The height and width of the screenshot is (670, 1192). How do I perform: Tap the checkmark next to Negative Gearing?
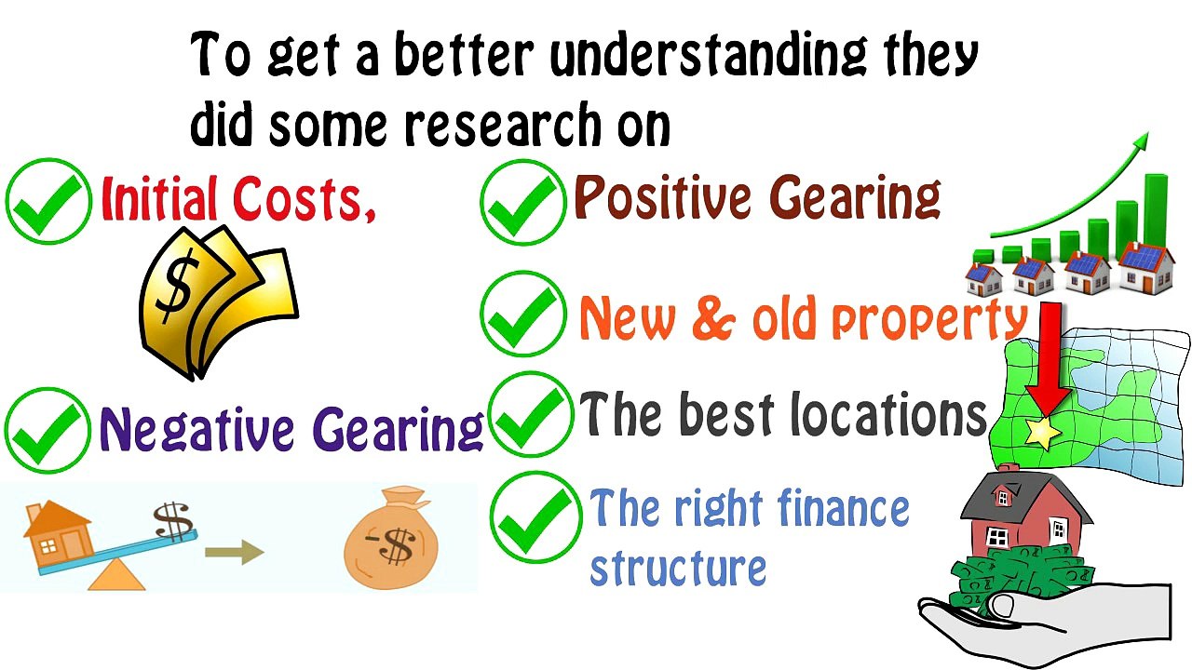coord(47,431)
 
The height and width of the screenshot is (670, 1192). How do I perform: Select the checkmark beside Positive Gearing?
coord(523,202)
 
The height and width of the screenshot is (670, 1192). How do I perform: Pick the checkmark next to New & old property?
coord(523,314)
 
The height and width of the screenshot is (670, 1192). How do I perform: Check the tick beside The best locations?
coord(531,414)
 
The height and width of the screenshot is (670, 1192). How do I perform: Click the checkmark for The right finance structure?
coord(535,516)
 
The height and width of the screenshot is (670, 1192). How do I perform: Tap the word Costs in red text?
coord(304,199)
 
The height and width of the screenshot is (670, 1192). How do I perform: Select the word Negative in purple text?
coord(196,429)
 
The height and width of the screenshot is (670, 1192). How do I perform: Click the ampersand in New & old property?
coord(714,317)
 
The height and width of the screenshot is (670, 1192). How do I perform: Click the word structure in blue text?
coord(678,568)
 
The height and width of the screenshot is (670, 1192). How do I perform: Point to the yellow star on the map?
coord(1043,433)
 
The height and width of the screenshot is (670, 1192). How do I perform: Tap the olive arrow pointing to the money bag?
coord(234,552)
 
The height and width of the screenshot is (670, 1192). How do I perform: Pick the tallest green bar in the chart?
coord(1156,213)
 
